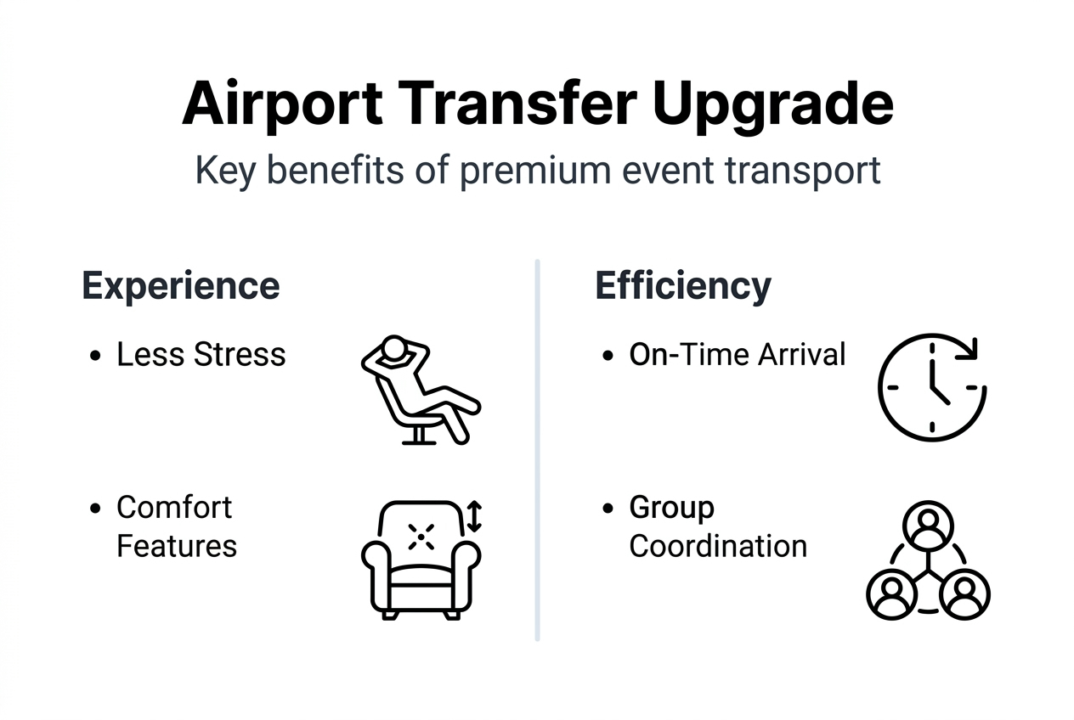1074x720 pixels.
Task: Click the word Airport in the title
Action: pyautogui.click(x=282, y=105)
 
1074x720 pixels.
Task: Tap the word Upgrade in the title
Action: pyautogui.click(x=773, y=105)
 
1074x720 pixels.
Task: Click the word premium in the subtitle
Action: pyautogui.click(x=535, y=172)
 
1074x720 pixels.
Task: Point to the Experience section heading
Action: pyautogui.click(x=181, y=286)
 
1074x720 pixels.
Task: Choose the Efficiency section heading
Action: pyautogui.click(x=683, y=286)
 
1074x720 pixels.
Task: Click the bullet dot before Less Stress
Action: pyautogui.click(x=95, y=356)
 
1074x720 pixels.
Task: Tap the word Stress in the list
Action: pyautogui.click(x=240, y=355)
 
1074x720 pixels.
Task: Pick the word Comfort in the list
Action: pyautogui.click(x=174, y=507)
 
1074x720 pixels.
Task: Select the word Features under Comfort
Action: pyautogui.click(x=177, y=546)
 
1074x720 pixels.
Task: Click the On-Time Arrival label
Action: pyautogui.click(x=738, y=355)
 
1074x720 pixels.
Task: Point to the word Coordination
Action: pyautogui.click(x=718, y=546)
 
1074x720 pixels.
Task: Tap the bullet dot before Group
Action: pyautogui.click(x=608, y=509)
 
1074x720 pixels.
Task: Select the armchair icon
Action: pyautogui.click(x=421, y=560)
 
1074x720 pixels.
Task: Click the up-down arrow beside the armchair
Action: pyautogui.click(x=474, y=516)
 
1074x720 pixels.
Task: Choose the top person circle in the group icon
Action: pyautogui.click(x=928, y=526)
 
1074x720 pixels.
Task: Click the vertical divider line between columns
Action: pyautogui.click(x=537, y=450)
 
